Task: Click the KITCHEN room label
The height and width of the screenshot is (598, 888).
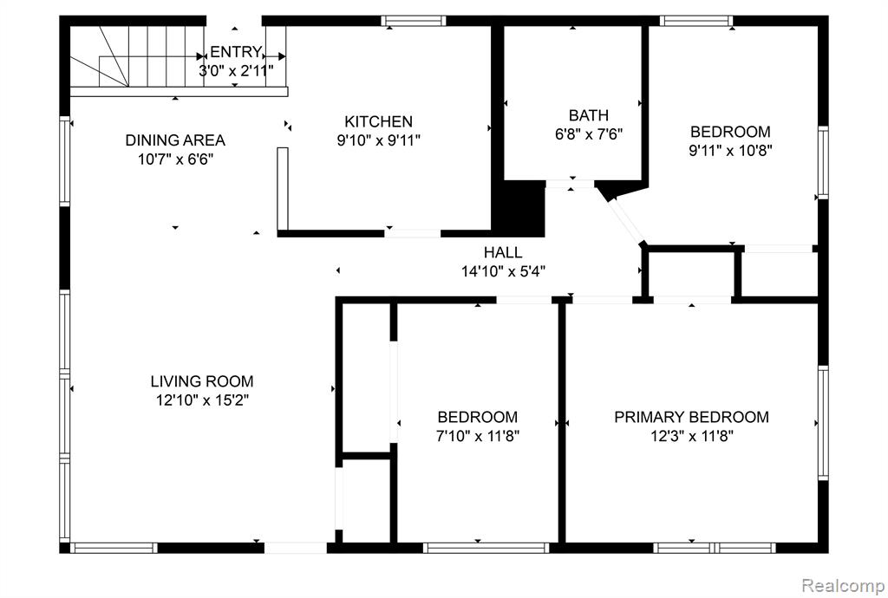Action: coord(378,121)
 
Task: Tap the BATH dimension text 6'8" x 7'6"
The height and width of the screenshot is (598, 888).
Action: coord(589,134)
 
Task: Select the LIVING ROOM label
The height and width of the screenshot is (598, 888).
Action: coord(201,381)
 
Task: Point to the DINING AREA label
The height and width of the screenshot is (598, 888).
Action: coord(175,140)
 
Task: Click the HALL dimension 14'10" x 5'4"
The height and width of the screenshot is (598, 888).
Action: coord(503,271)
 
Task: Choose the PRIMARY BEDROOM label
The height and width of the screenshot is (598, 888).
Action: coord(691,417)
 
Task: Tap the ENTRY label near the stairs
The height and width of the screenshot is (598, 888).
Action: coord(236,52)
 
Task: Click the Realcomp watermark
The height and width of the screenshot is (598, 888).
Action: coord(843,584)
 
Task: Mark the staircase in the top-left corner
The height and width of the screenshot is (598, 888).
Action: coord(137,56)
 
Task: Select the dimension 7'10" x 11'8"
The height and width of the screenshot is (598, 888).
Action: coord(478,436)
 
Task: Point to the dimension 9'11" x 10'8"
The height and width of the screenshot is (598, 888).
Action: coord(730,151)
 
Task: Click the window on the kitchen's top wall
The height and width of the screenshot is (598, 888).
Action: coord(414,21)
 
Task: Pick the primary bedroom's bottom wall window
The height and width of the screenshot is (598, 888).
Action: coord(715,548)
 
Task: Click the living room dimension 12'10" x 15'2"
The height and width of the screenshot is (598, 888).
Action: coord(202,400)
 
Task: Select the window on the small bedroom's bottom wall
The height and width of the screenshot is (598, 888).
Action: coord(486,548)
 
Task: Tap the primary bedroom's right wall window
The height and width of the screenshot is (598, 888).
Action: coord(823,423)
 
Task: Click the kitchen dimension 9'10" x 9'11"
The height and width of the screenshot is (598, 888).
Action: coord(378,140)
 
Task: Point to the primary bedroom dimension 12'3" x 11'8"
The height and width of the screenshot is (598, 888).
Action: coord(691,436)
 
